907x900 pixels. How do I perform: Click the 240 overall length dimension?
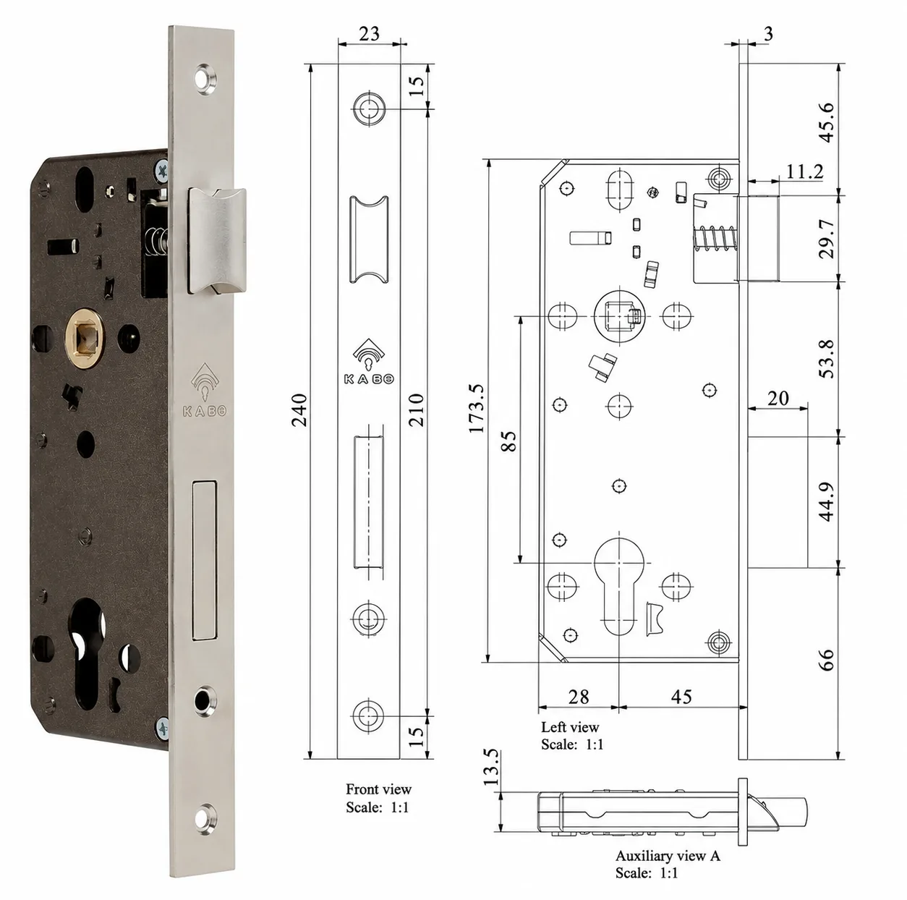pyautogui.click(x=299, y=409)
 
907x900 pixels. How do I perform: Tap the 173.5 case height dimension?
pyautogui.click(x=477, y=408)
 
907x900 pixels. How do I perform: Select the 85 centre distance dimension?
pyautogui.click(x=508, y=441)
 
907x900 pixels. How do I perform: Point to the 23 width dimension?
pyautogui.click(x=369, y=34)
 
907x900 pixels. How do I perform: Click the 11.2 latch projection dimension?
pyautogui.click(x=804, y=171)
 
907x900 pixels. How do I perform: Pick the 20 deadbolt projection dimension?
pyautogui.click(x=778, y=399)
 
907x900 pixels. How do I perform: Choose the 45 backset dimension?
pyautogui.click(x=681, y=697)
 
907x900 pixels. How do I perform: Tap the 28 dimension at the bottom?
pyautogui.click(x=579, y=697)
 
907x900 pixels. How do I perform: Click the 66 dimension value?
pyautogui.click(x=827, y=659)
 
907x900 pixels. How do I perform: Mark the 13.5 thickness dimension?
pyautogui.click(x=491, y=767)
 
